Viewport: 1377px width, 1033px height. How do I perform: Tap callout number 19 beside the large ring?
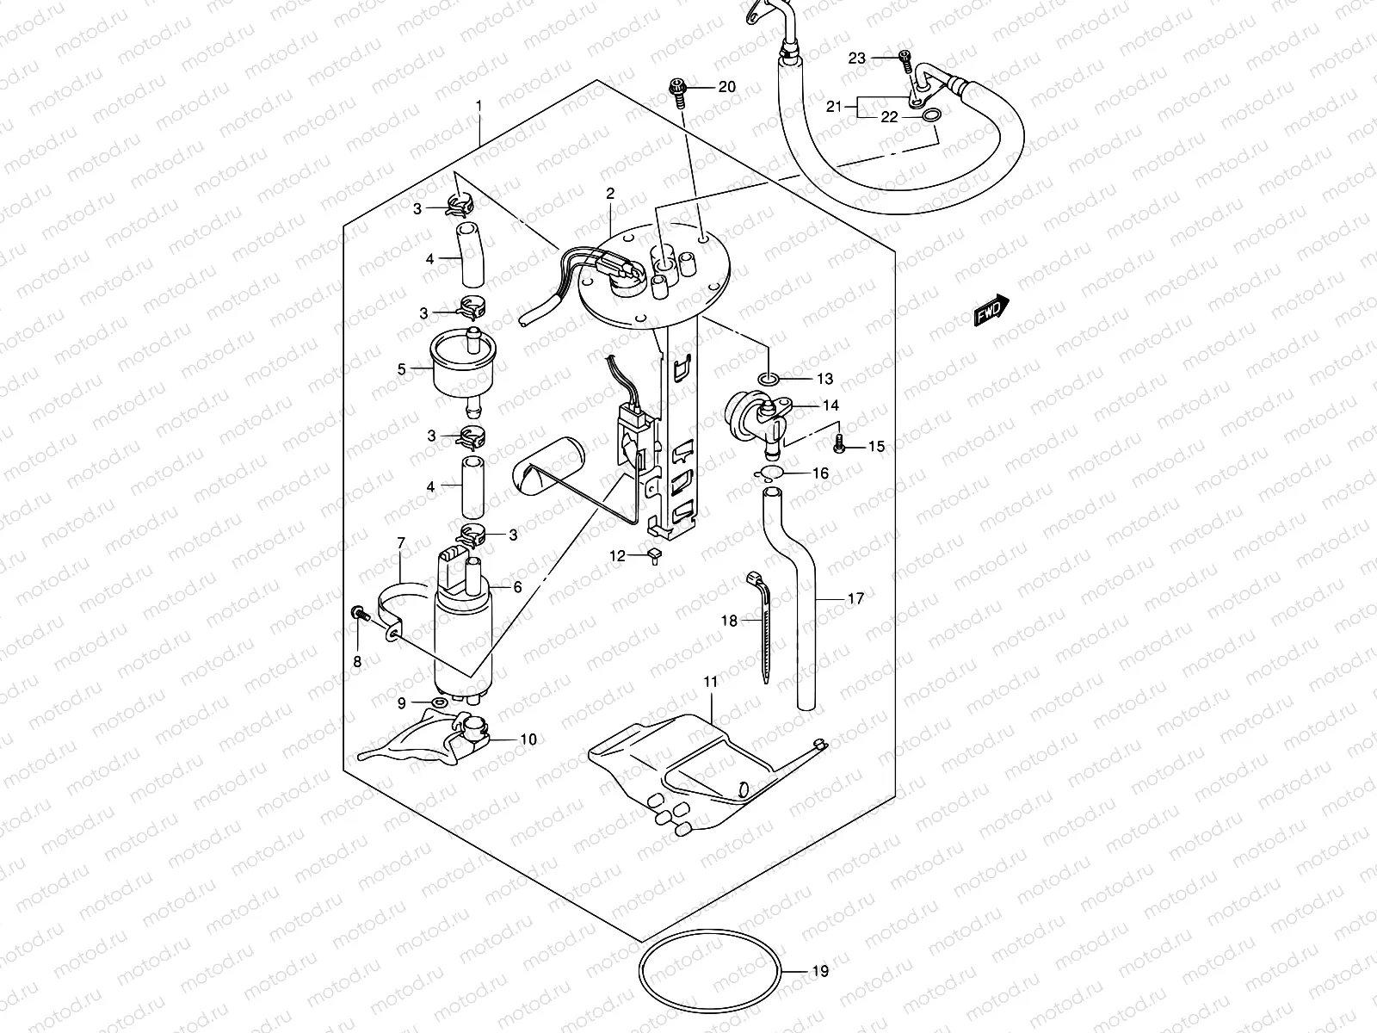[x=820, y=972]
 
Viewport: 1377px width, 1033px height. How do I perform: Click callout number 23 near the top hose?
[x=856, y=58]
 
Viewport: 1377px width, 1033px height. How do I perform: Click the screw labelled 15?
[x=841, y=446]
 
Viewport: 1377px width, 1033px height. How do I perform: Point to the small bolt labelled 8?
[x=360, y=615]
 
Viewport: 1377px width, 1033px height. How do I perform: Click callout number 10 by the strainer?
[x=528, y=739]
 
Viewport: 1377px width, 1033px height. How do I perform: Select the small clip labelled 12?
[x=656, y=556]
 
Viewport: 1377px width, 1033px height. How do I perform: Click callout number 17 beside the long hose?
[x=855, y=598]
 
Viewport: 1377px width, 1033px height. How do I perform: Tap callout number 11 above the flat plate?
[x=710, y=681]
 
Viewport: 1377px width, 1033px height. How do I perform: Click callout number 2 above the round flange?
[x=609, y=194]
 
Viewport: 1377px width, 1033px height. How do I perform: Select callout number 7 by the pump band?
[x=401, y=543]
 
